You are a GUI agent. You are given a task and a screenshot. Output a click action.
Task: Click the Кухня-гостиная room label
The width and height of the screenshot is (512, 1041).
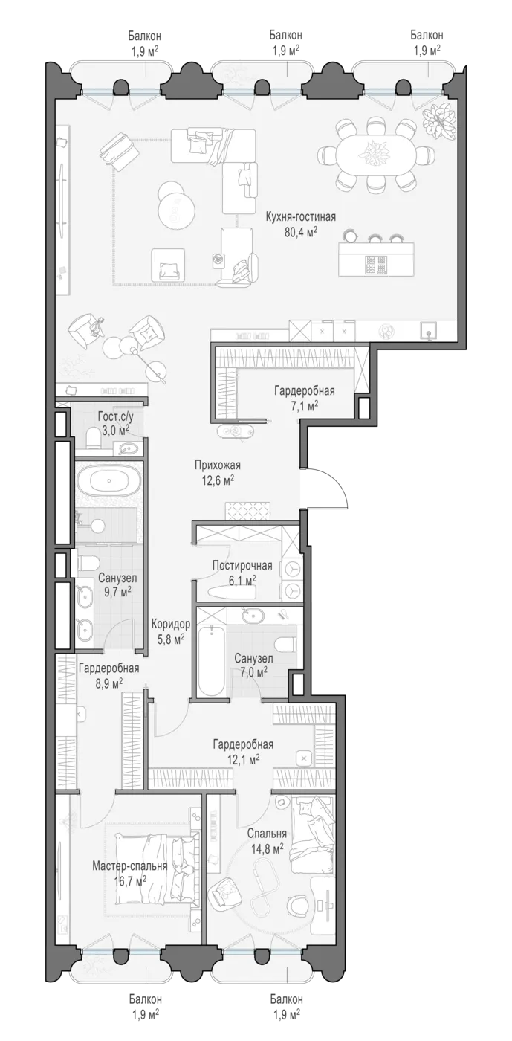tap(301, 216)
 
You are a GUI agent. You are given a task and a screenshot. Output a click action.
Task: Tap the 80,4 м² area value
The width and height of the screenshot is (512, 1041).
tap(301, 231)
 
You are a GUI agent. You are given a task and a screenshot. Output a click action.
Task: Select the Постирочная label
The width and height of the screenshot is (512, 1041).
tap(242, 565)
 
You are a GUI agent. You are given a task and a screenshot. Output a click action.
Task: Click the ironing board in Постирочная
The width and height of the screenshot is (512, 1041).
tap(231, 592)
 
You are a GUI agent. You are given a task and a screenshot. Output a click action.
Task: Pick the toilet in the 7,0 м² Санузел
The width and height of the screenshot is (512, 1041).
tap(285, 644)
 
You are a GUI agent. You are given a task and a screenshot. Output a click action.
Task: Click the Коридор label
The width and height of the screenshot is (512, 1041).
tap(171, 624)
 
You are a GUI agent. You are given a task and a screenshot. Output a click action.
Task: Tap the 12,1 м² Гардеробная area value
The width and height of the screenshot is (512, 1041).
tap(243, 759)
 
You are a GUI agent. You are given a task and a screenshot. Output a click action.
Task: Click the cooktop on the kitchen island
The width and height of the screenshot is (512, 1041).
tap(375, 264)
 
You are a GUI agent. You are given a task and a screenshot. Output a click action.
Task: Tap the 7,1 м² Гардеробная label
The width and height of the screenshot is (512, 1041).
tap(305, 390)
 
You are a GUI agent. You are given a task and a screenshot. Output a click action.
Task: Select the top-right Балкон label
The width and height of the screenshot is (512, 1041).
tap(427, 35)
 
